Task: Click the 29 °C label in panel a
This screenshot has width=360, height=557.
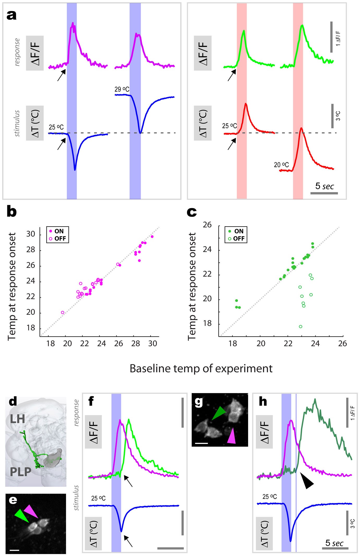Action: click(122, 89)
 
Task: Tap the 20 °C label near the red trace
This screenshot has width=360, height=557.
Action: click(281, 165)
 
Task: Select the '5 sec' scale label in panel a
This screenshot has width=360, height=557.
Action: click(324, 186)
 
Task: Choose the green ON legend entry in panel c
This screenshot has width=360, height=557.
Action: click(236, 231)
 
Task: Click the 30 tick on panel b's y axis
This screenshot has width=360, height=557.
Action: click(31, 234)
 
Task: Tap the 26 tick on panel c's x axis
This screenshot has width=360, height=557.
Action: click(343, 344)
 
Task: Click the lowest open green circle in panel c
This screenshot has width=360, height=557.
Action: click(301, 327)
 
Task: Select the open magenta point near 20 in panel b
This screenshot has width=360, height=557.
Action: click(63, 312)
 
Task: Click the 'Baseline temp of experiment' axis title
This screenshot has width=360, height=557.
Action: click(201, 369)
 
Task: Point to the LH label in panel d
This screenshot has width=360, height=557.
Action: click(17, 419)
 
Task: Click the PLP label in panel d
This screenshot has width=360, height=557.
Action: click(20, 472)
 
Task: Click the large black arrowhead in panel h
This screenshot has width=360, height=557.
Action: click(306, 480)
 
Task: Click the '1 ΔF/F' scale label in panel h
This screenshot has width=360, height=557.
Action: click(353, 413)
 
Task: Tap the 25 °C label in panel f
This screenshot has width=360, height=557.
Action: click(98, 498)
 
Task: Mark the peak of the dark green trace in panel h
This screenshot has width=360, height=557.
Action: click(315, 399)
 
